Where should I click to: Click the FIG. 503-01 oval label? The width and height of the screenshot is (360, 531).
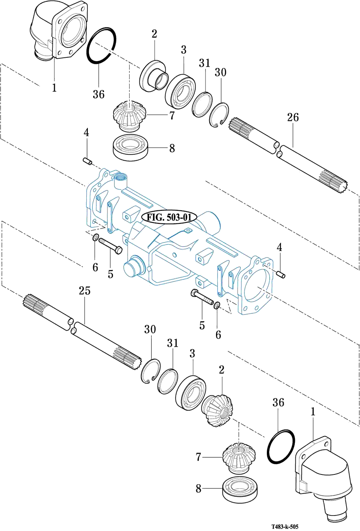coord(170,217)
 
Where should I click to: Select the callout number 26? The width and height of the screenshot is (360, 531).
coord(293,117)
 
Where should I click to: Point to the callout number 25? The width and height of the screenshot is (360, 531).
coord(85,291)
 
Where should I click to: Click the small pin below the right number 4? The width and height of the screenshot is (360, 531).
coord(281,275)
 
